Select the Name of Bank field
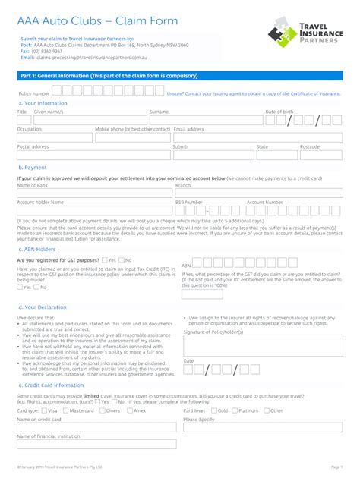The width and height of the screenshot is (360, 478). (93, 193)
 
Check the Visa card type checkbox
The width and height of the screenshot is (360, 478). (43, 410)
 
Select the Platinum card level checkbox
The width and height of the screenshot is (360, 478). (235, 410)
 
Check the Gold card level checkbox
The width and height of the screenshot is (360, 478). (213, 410)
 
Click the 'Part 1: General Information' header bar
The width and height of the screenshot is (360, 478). (180, 77)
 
